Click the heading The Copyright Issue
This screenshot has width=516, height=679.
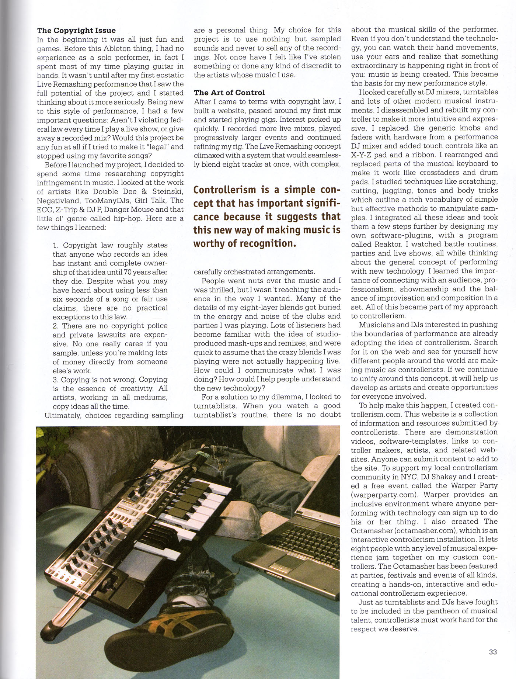click(76, 31)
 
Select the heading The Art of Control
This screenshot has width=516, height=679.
click(229, 93)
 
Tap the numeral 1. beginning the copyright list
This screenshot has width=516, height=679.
click(56, 246)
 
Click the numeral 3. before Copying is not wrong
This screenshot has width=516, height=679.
click(56, 380)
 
